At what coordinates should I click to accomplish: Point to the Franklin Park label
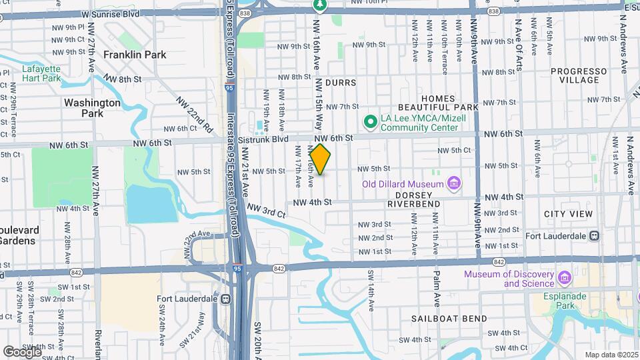[135, 55]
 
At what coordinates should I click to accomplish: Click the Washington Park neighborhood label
[92, 108]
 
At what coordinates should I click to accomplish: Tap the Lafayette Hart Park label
[41, 73]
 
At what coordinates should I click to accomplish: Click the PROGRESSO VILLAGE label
[575, 75]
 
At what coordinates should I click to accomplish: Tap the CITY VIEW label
[568, 214]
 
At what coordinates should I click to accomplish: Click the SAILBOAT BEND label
[449, 319]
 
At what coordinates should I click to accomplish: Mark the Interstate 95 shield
[238, 268]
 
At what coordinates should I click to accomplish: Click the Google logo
[21, 351]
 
